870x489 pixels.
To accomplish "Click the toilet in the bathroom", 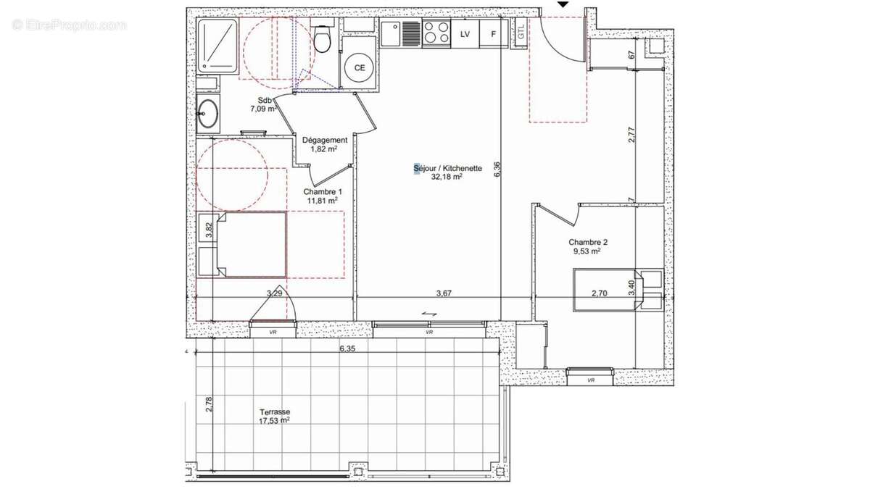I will [x=323, y=40].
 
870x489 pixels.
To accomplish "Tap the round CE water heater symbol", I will [x=359, y=68].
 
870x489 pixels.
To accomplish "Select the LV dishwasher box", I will [x=465, y=34].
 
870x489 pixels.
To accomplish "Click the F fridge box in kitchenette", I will [x=494, y=34].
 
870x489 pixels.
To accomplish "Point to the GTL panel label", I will [x=521, y=33].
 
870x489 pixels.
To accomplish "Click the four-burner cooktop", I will [x=436, y=33].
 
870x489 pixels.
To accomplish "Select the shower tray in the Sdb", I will [x=217, y=45].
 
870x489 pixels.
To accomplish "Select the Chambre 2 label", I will [x=588, y=242].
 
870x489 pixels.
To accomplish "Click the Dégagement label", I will [x=324, y=140].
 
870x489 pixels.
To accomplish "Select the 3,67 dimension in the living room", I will [x=444, y=293].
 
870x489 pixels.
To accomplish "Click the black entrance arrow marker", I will [x=563, y=4].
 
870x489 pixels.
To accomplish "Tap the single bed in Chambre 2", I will [x=616, y=290].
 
